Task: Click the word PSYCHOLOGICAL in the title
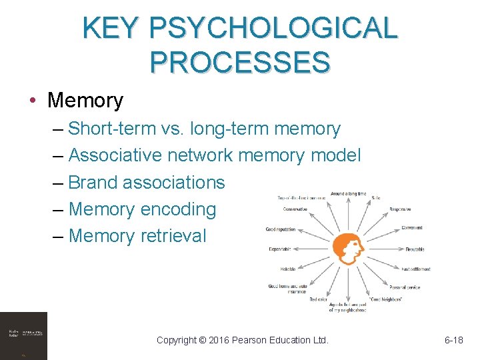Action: (x=274, y=29)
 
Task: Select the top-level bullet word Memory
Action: (x=85, y=101)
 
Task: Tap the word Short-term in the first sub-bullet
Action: (x=111, y=129)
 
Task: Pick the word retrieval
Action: (x=173, y=235)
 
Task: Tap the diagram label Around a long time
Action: (x=348, y=194)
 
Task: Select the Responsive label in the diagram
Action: (x=405, y=209)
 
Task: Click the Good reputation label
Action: (x=281, y=229)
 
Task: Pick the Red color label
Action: (x=317, y=299)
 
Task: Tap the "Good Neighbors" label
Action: (x=386, y=299)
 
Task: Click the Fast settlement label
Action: (x=415, y=269)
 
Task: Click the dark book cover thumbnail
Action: (x=23, y=335)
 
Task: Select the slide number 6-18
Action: (x=453, y=340)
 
